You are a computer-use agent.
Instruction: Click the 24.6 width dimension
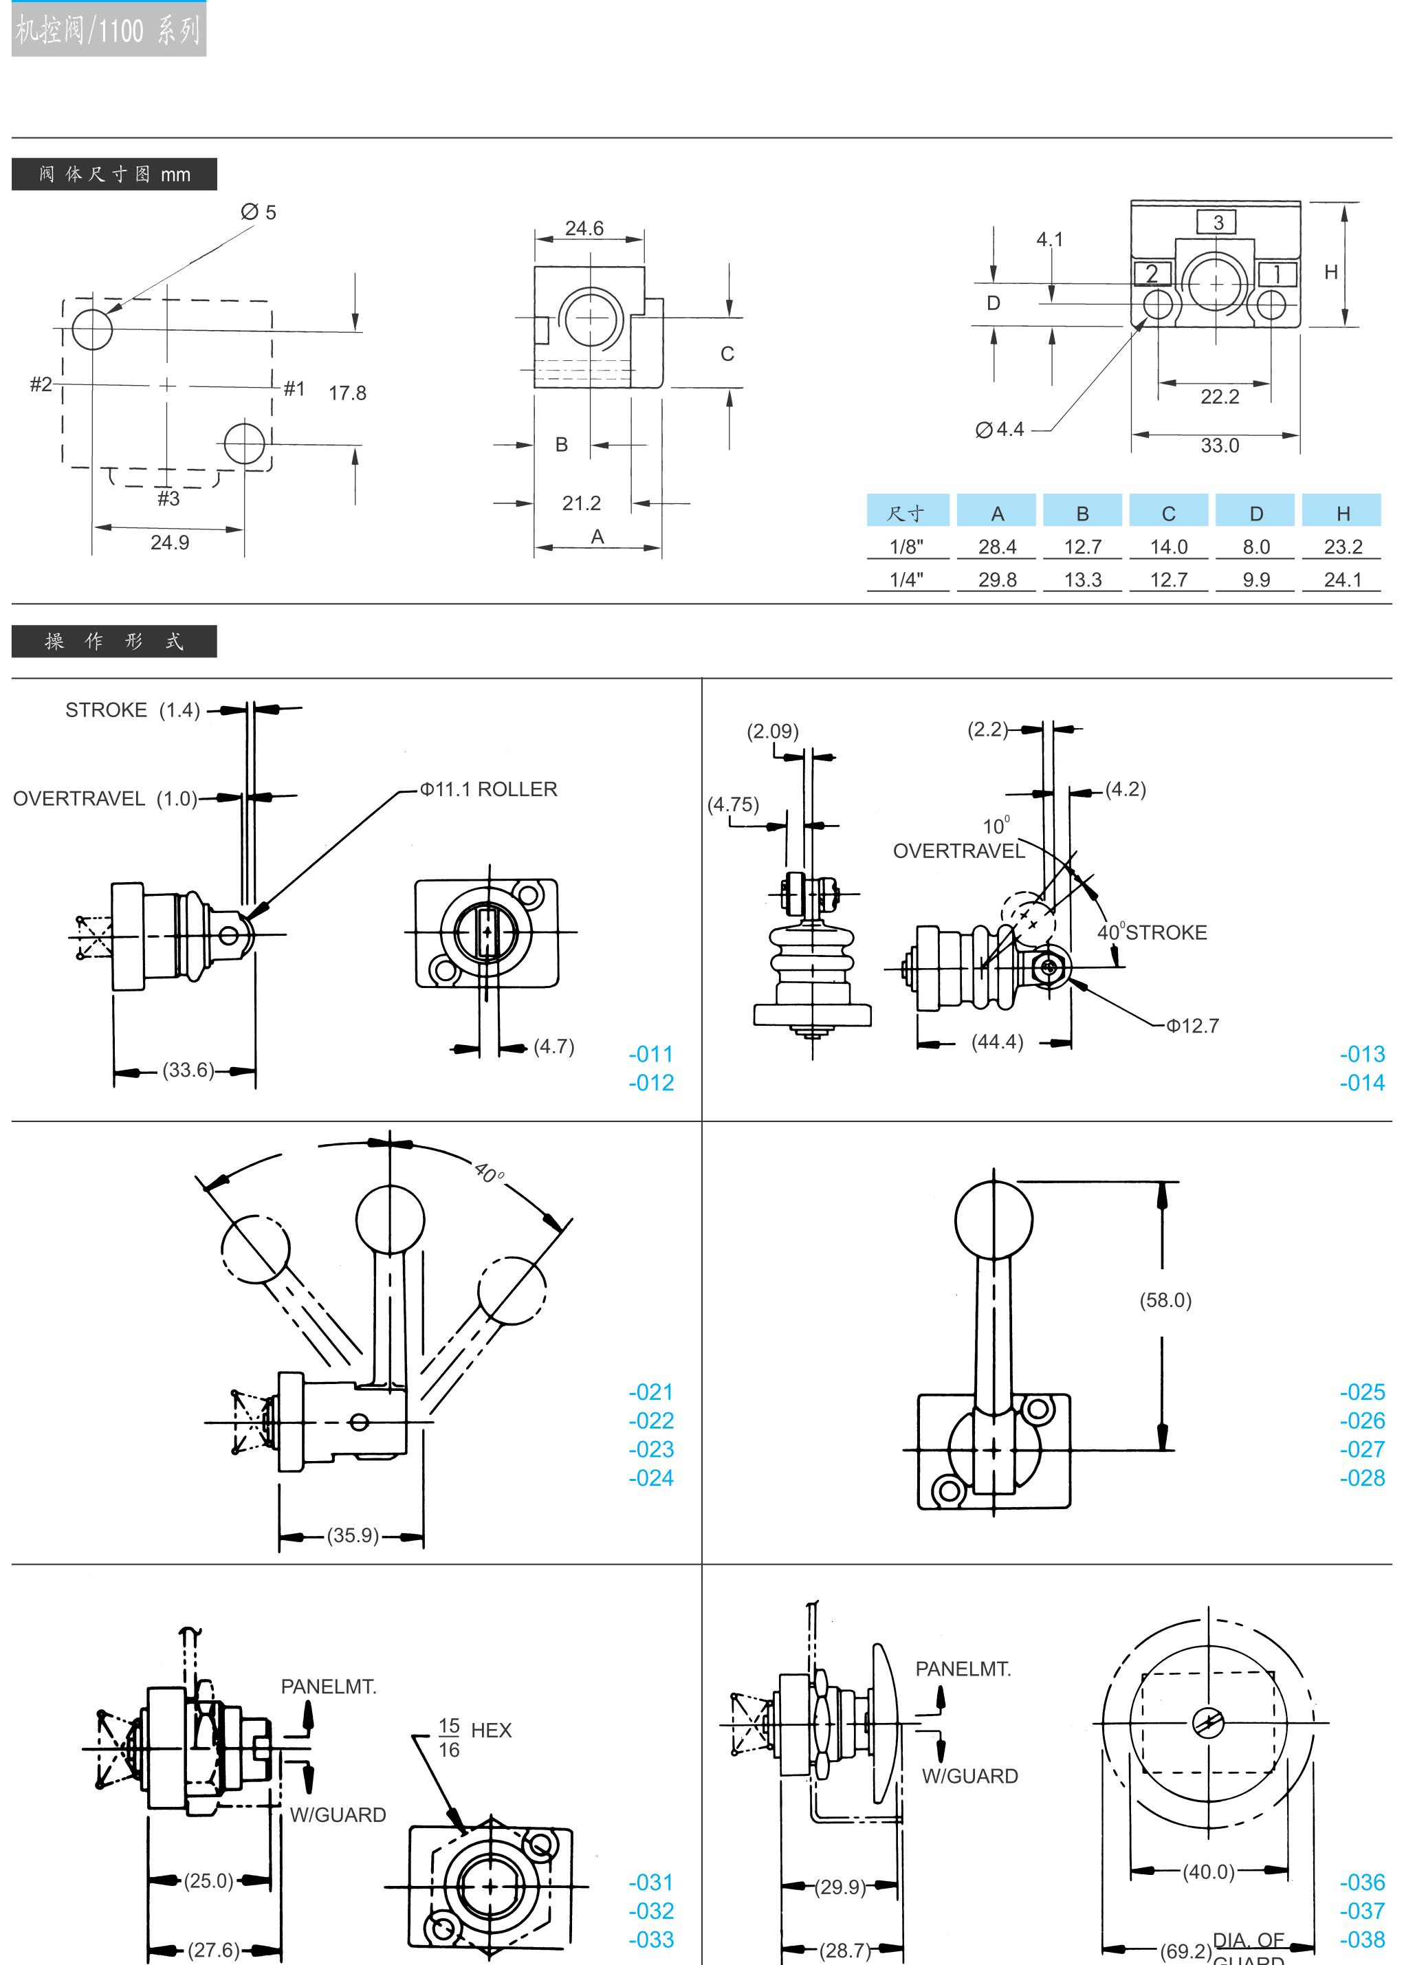(584, 228)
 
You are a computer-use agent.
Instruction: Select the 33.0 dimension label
(1219, 446)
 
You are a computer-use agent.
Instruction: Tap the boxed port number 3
(1217, 222)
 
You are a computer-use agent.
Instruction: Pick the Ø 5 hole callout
(259, 212)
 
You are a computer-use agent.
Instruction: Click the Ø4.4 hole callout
(1000, 429)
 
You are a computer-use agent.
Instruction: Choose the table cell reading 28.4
(997, 547)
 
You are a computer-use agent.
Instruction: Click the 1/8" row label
(906, 547)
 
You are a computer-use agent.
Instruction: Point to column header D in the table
(1255, 514)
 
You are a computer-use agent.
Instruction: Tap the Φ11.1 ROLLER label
(488, 789)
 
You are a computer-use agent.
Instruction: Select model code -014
(1361, 1082)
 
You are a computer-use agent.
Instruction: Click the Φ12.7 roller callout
(1192, 1025)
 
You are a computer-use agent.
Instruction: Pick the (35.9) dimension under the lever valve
(352, 1535)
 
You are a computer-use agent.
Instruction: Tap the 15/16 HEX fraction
(449, 1737)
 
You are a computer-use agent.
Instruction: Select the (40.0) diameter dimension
(1208, 1871)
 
